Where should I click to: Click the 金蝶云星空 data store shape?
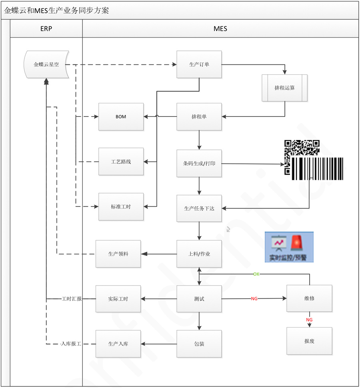pyautogui.click(x=46, y=64)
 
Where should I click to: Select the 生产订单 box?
pyautogui.click(x=199, y=64)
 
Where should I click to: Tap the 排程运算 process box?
pyautogui.click(x=284, y=88)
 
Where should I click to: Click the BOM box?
pyautogui.click(x=121, y=117)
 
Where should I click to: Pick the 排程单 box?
pyautogui.click(x=199, y=117)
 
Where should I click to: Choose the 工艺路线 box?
pyautogui.click(x=121, y=162)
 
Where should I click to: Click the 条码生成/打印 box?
pyautogui.click(x=199, y=163)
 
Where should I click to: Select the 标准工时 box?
pyautogui.click(x=121, y=207)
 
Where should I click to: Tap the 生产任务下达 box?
pyautogui.click(x=199, y=208)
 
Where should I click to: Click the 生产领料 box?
pyautogui.click(x=118, y=253)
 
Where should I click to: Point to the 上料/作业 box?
pyautogui.click(x=199, y=253)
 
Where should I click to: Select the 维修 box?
pyautogui.click(x=309, y=298)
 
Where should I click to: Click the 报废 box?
pyautogui.click(x=309, y=341)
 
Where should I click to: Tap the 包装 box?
pyautogui.click(x=199, y=344)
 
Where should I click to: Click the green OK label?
pyautogui.click(x=256, y=274)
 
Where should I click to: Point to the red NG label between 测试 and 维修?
pyautogui.click(x=254, y=299)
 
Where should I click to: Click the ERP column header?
pyautogui.click(x=46, y=29)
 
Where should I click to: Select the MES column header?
pyautogui.click(x=220, y=29)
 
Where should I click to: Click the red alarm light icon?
pyautogui.click(x=297, y=242)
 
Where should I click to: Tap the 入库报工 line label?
pyautogui.click(x=71, y=344)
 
